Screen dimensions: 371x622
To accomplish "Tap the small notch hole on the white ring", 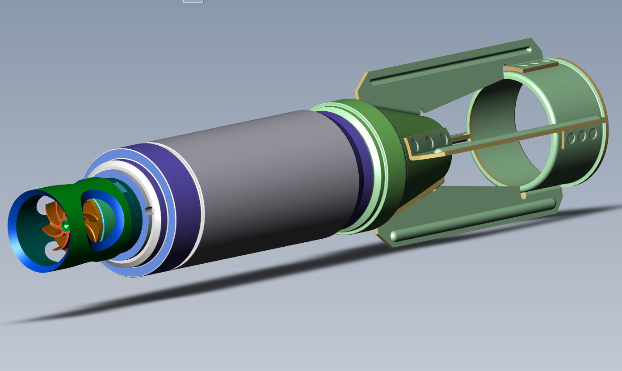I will [x=150, y=210].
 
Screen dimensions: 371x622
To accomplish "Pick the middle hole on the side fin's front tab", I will [x=429, y=142].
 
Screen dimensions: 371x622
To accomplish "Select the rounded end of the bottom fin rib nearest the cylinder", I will [x=395, y=236].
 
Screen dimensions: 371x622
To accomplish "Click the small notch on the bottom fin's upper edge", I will [x=522, y=195].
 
